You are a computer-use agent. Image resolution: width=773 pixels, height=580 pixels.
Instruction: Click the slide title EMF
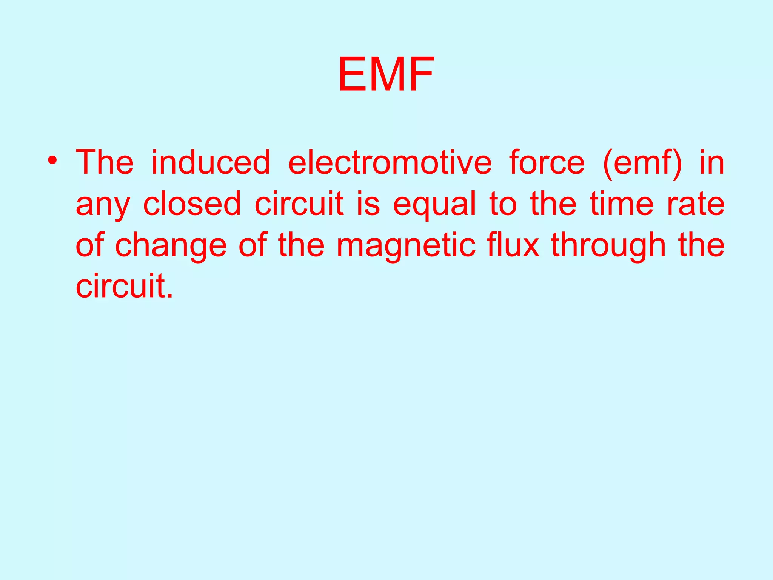click(x=386, y=74)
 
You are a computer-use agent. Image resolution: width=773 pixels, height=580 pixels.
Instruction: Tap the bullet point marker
click(x=52, y=161)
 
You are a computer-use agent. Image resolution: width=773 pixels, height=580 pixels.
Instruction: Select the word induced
click(x=211, y=162)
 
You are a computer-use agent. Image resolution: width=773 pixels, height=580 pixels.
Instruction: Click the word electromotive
click(x=390, y=162)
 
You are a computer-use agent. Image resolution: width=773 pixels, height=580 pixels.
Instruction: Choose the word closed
click(x=192, y=204)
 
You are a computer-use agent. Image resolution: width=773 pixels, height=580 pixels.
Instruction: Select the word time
click(x=622, y=204)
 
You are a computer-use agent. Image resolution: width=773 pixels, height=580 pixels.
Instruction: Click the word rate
click(x=696, y=204)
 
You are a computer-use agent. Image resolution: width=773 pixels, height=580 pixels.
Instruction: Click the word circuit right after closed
click(x=299, y=204)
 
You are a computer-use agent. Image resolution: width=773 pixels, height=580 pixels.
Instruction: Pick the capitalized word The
click(x=105, y=162)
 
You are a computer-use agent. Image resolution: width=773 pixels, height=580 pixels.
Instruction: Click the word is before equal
click(x=368, y=204)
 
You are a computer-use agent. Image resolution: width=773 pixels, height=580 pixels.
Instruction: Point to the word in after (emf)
click(x=712, y=162)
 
